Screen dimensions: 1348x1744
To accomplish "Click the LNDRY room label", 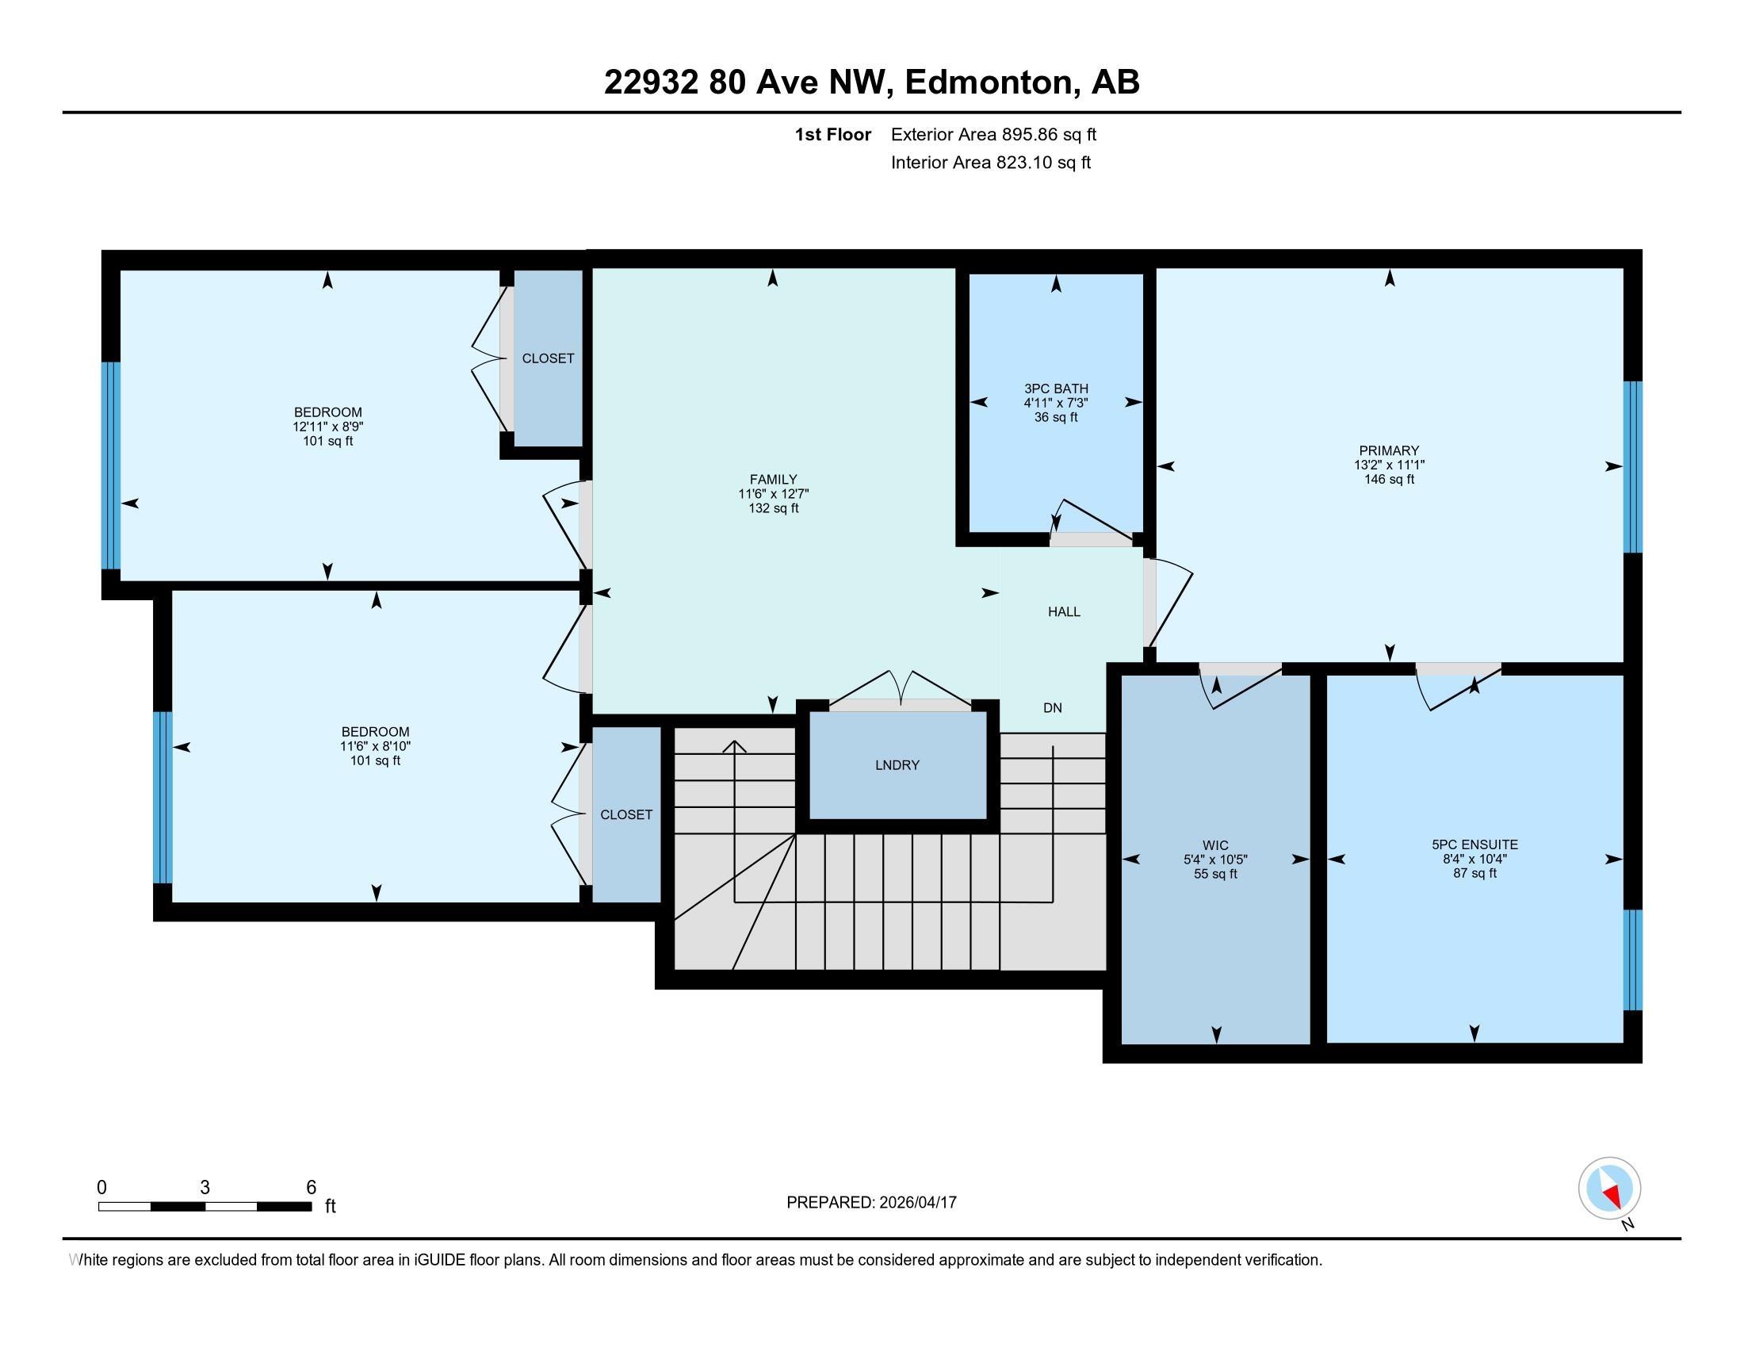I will [x=897, y=765].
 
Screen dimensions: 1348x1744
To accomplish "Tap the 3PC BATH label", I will [x=1056, y=389].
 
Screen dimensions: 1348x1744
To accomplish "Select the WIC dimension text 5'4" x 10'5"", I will [x=1215, y=860].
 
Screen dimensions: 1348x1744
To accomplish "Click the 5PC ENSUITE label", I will [x=1474, y=844].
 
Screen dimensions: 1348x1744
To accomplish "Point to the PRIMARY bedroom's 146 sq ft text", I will [x=1389, y=479].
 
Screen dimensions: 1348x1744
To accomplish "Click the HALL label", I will [x=1064, y=611].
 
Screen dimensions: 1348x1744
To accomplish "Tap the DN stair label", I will [x=1053, y=707].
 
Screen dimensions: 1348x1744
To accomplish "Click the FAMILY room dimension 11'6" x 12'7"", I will [x=773, y=493].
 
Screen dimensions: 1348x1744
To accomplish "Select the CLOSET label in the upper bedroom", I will [x=548, y=358].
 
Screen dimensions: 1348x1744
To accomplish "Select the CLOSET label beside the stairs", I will [x=626, y=814].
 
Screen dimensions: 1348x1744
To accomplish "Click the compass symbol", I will [x=1609, y=1188].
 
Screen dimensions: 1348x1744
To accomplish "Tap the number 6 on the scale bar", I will [x=312, y=1188].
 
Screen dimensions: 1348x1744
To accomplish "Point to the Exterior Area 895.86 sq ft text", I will [x=993, y=134].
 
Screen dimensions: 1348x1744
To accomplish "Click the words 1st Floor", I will [x=832, y=134].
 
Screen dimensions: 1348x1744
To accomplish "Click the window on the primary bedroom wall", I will [x=1633, y=466].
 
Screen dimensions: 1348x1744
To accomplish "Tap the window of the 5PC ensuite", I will [x=1633, y=960].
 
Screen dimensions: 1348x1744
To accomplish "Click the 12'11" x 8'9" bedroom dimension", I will [x=327, y=427].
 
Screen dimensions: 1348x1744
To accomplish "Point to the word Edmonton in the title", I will [x=987, y=82].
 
